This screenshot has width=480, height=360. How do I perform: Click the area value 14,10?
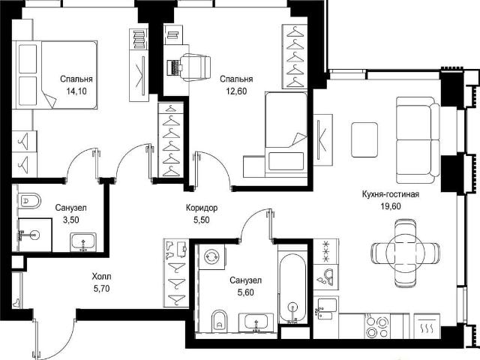(x=76, y=91)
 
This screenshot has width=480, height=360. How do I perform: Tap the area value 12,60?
(x=236, y=91)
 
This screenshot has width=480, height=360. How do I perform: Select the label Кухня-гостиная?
(x=390, y=194)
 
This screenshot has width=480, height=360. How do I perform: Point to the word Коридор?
(x=202, y=208)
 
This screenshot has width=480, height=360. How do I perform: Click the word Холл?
(x=102, y=277)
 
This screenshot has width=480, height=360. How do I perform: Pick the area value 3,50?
(x=70, y=220)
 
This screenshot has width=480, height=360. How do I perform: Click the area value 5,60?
(x=245, y=292)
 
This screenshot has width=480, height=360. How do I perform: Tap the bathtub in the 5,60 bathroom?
(x=292, y=288)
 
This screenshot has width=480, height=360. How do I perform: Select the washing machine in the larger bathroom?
(x=211, y=256)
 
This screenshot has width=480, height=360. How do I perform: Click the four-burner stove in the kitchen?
(x=376, y=325)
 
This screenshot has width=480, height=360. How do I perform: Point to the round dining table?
(x=405, y=253)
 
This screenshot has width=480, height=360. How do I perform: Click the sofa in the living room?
(x=418, y=140)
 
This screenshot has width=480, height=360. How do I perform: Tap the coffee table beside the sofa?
(x=364, y=139)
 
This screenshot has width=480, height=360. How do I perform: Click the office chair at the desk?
(x=195, y=67)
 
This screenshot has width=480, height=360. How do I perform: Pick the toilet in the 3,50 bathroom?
(x=29, y=201)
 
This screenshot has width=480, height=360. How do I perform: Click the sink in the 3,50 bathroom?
(x=83, y=241)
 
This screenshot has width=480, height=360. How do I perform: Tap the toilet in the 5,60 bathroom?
(x=219, y=320)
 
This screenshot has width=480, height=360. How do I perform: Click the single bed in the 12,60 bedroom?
(x=286, y=134)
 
